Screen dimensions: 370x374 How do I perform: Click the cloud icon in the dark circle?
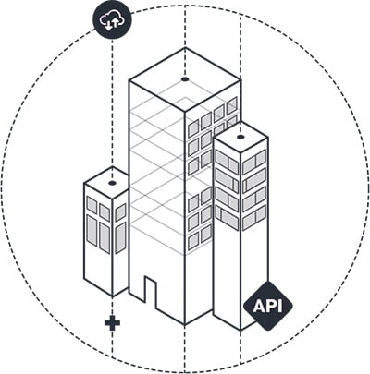(x=112, y=19)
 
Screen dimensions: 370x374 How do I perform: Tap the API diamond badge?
(x=268, y=306)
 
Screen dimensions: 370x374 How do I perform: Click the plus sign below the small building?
(x=112, y=322)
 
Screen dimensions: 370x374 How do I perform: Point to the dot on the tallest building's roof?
(x=185, y=79)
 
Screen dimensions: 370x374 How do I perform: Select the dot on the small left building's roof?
(x=112, y=183)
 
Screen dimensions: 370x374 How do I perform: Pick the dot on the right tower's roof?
(x=240, y=137)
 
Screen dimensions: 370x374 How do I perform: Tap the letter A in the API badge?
(x=259, y=306)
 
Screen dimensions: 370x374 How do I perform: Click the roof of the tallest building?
(x=185, y=79)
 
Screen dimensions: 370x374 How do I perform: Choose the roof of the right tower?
(x=240, y=138)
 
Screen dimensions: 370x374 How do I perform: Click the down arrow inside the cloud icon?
(x=108, y=25)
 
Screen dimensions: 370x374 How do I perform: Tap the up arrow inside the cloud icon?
(x=116, y=23)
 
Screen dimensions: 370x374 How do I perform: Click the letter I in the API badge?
(x=280, y=306)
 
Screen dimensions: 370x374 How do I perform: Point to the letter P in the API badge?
(x=272, y=306)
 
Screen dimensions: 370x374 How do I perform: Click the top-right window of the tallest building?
(x=231, y=105)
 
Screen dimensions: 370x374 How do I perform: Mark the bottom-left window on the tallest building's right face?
(x=193, y=240)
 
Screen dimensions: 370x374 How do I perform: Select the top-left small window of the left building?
(x=92, y=205)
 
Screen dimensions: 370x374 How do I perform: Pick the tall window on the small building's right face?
(x=120, y=237)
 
